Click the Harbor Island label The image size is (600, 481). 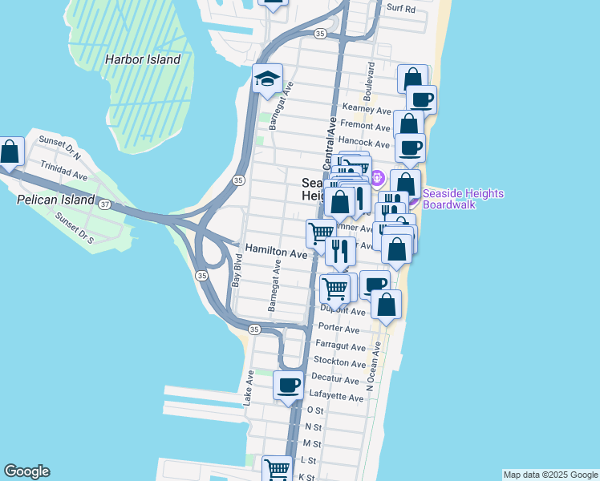(143, 59)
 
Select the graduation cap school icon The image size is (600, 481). (267, 79)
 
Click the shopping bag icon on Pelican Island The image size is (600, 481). (10, 151)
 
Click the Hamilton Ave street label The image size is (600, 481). (277, 252)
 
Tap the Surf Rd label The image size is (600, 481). (400, 9)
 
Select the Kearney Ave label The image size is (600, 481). (366, 109)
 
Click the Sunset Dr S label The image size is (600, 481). (75, 228)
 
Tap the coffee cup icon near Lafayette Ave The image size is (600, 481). (289, 386)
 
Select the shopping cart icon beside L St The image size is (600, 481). (277, 467)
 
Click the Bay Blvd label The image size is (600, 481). (237, 272)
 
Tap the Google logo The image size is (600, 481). (26, 471)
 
